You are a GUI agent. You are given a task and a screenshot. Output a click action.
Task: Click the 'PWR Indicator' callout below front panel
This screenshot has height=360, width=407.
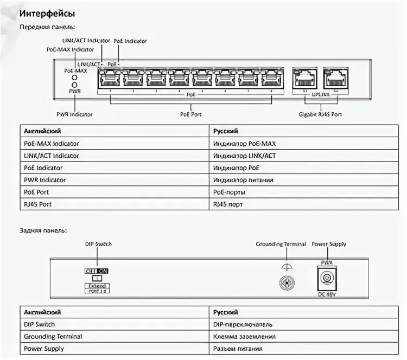click(x=74, y=114)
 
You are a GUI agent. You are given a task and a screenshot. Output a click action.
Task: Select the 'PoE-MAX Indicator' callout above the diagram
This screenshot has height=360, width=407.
click(x=71, y=49)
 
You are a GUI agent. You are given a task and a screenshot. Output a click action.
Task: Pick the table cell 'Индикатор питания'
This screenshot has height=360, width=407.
click(x=244, y=179)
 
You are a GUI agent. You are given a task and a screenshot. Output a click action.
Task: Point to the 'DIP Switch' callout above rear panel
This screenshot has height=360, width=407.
click(x=98, y=245)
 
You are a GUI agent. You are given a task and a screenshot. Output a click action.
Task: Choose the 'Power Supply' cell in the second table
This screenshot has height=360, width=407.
click(x=43, y=349)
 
